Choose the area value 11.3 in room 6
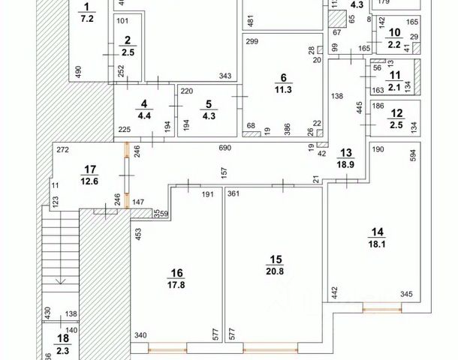click(x=282, y=88)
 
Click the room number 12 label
click(x=396, y=112)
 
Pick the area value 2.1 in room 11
click(x=395, y=86)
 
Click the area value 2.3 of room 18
click(x=62, y=350)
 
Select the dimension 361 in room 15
click(x=233, y=193)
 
